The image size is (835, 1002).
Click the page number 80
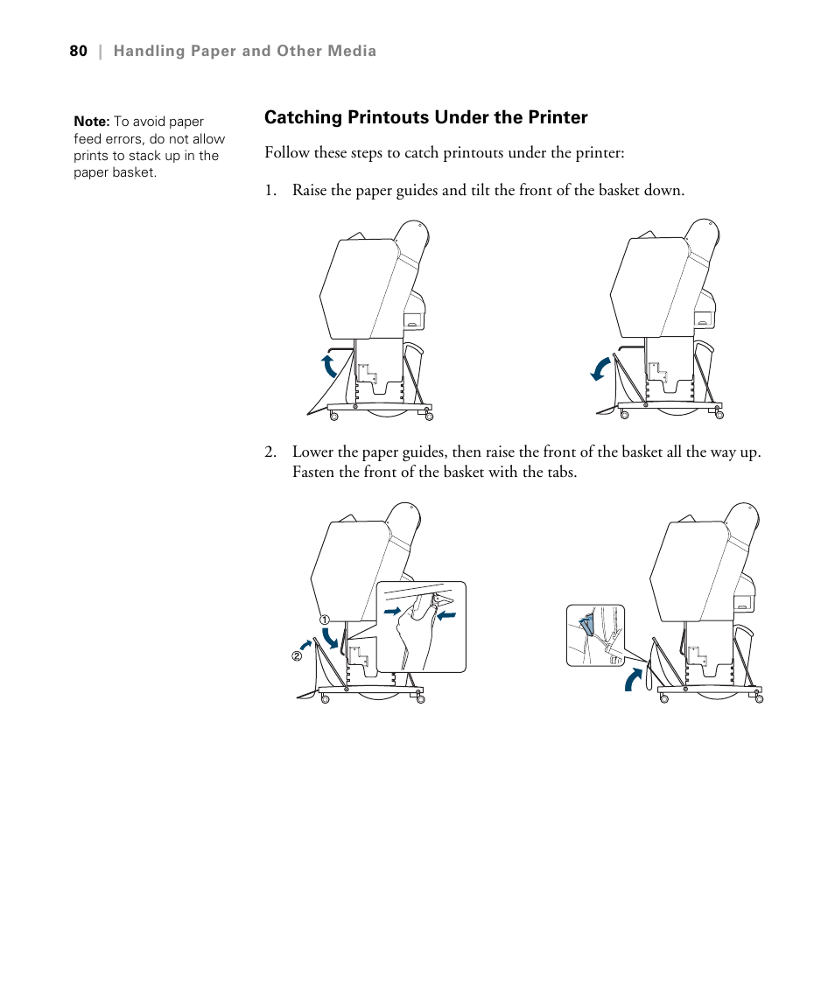[x=78, y=51]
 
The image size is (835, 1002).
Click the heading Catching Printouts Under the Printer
[x=425, y=117]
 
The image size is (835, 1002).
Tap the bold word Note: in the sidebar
[x=91, y=123]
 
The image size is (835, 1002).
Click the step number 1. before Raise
[x=270, y=190]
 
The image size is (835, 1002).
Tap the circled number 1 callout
[x=323, y=620]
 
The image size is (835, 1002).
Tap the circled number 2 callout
[x=296, y=656]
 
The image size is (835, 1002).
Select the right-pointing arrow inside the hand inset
[x=392, y=608]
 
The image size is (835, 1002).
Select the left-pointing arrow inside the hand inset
[x=447, y=614]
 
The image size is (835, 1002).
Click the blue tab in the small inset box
[x=586, y=624]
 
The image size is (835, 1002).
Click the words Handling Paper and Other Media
[x=244, y=51]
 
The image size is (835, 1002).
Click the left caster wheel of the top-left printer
[x=334, y=417]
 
